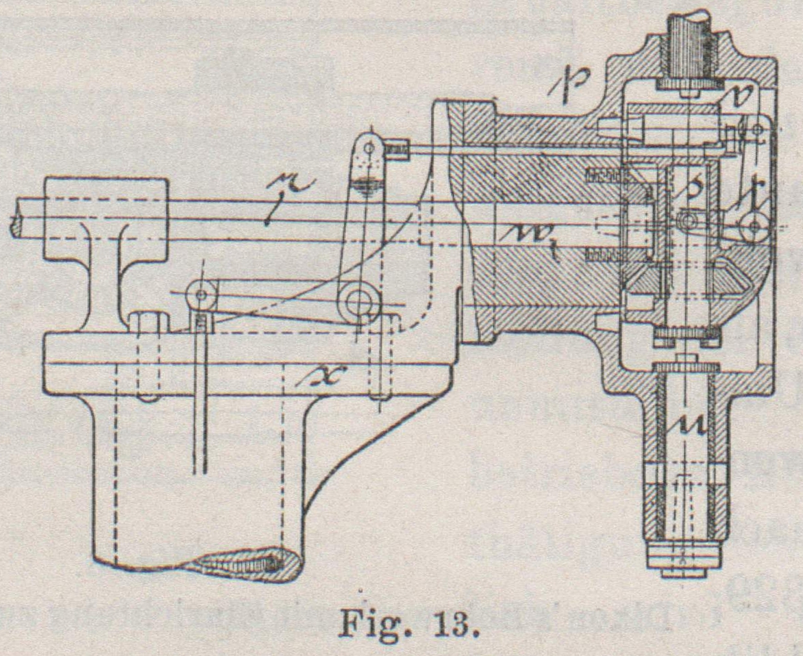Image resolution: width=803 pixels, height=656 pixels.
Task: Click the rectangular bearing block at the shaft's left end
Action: pyautogui.click(x=106, y=218)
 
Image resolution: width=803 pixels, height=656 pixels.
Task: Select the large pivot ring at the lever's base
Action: pyautogui.click(x=359, y=303)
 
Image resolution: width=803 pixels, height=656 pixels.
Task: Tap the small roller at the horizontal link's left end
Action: pyautogui.click(x=202, y=295)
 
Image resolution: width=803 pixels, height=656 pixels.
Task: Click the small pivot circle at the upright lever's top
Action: pyautogui.click(x=370, y=146)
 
